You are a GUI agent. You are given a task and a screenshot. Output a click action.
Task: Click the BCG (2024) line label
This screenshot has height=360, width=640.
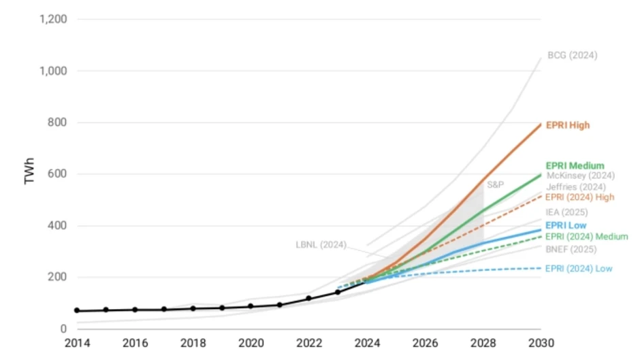[572, 55]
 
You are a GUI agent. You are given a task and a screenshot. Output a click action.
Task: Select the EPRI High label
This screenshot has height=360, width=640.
[568, 125]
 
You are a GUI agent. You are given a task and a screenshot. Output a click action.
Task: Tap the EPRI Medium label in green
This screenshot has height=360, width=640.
[575, 166]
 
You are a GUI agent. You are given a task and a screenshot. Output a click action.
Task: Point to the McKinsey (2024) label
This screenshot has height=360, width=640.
[580, 176]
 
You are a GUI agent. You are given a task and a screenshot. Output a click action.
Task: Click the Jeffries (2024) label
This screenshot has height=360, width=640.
[576, 187]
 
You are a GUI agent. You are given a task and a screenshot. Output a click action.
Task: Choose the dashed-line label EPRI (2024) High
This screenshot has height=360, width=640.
[579, 197]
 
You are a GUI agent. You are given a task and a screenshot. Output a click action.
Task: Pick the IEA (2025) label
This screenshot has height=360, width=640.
[566, 212]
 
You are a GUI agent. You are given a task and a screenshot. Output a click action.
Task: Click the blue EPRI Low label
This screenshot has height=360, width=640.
[566, 225]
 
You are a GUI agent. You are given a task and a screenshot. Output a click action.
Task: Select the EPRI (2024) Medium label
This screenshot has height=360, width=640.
[586, 237]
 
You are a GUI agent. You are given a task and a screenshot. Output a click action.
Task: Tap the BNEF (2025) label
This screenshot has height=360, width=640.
[571, 249]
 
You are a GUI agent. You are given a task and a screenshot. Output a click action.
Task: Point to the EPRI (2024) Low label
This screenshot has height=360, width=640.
[579, 269]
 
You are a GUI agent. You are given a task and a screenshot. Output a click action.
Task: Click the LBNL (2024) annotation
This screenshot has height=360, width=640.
[321, 245]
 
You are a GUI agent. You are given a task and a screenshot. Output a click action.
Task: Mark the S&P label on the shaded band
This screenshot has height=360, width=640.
[495, 185]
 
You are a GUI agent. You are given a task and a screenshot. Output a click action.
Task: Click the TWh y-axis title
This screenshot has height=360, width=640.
[29, 171]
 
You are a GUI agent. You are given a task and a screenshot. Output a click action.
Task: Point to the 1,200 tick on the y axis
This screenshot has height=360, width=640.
[53, 19]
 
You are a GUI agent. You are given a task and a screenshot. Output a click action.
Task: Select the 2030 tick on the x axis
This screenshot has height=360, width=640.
[541, 343]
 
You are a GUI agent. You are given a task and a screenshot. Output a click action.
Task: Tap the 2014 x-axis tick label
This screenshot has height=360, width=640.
[77, 343]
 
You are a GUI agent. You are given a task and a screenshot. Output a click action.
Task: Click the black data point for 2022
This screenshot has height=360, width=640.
[308, 298]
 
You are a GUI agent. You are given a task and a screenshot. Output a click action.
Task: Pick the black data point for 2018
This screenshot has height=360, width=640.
[193, 308]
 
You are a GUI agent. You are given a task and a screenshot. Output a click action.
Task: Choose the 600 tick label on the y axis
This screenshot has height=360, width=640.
[57, 174]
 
